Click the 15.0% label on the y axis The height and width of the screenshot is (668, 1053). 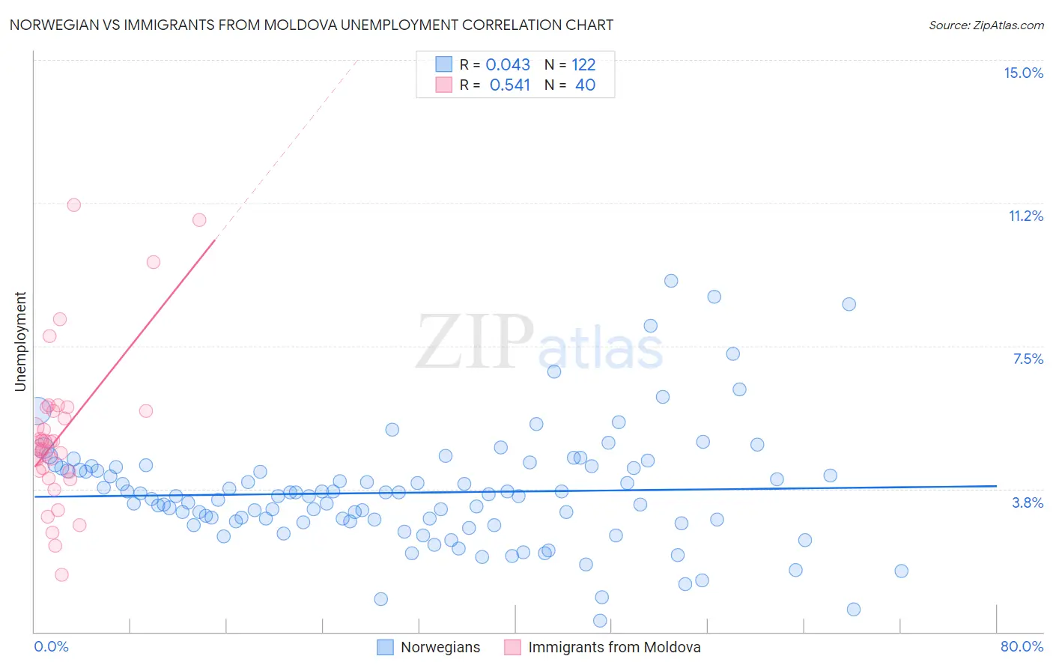tap(1023, 73)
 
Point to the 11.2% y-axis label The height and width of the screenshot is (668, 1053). tap(1025, 216)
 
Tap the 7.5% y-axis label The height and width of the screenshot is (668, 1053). tap(1028, 359)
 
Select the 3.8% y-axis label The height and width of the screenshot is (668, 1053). tap(1028, 502)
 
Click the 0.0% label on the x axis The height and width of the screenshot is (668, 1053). tap(51, 646)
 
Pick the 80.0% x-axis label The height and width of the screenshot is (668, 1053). tap(1022, 646)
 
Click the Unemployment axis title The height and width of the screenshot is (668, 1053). tap(21, 341)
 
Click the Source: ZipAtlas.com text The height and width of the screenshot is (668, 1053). tap(986, 25)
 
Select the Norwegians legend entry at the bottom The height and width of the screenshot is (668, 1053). tap(440, 647)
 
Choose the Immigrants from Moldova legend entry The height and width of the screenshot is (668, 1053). tap(614, 647)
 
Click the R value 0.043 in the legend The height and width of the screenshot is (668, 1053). tap(508, 64)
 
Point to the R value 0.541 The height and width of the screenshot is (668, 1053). tap(509, 85)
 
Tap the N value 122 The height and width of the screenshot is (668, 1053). tap(583, 64)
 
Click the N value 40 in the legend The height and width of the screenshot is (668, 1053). tap(585, 85)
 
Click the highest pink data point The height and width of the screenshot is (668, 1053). tap(73, 204)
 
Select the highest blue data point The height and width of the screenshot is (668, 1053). tap(671, 281)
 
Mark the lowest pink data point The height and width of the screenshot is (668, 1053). tap(61, 574)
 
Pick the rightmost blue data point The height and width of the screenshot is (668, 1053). tap(901, 571)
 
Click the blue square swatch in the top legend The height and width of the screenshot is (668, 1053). tap(444, 64)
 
